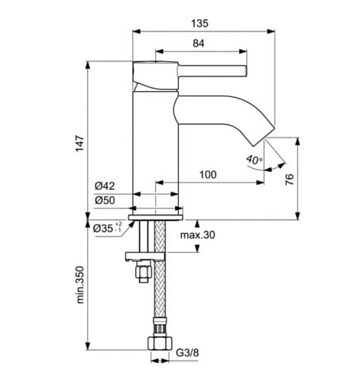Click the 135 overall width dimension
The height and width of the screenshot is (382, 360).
199,24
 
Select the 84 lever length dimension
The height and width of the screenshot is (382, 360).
198,44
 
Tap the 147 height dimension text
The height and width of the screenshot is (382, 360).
79,144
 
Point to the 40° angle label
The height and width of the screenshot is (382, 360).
254,160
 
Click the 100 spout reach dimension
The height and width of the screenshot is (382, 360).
208,175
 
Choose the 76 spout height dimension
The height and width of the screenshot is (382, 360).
290,180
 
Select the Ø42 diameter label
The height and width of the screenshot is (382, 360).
105,186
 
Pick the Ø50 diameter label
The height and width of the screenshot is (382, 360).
105,200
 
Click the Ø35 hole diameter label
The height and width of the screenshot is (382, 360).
108,228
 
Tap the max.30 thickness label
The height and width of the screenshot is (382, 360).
197,235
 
